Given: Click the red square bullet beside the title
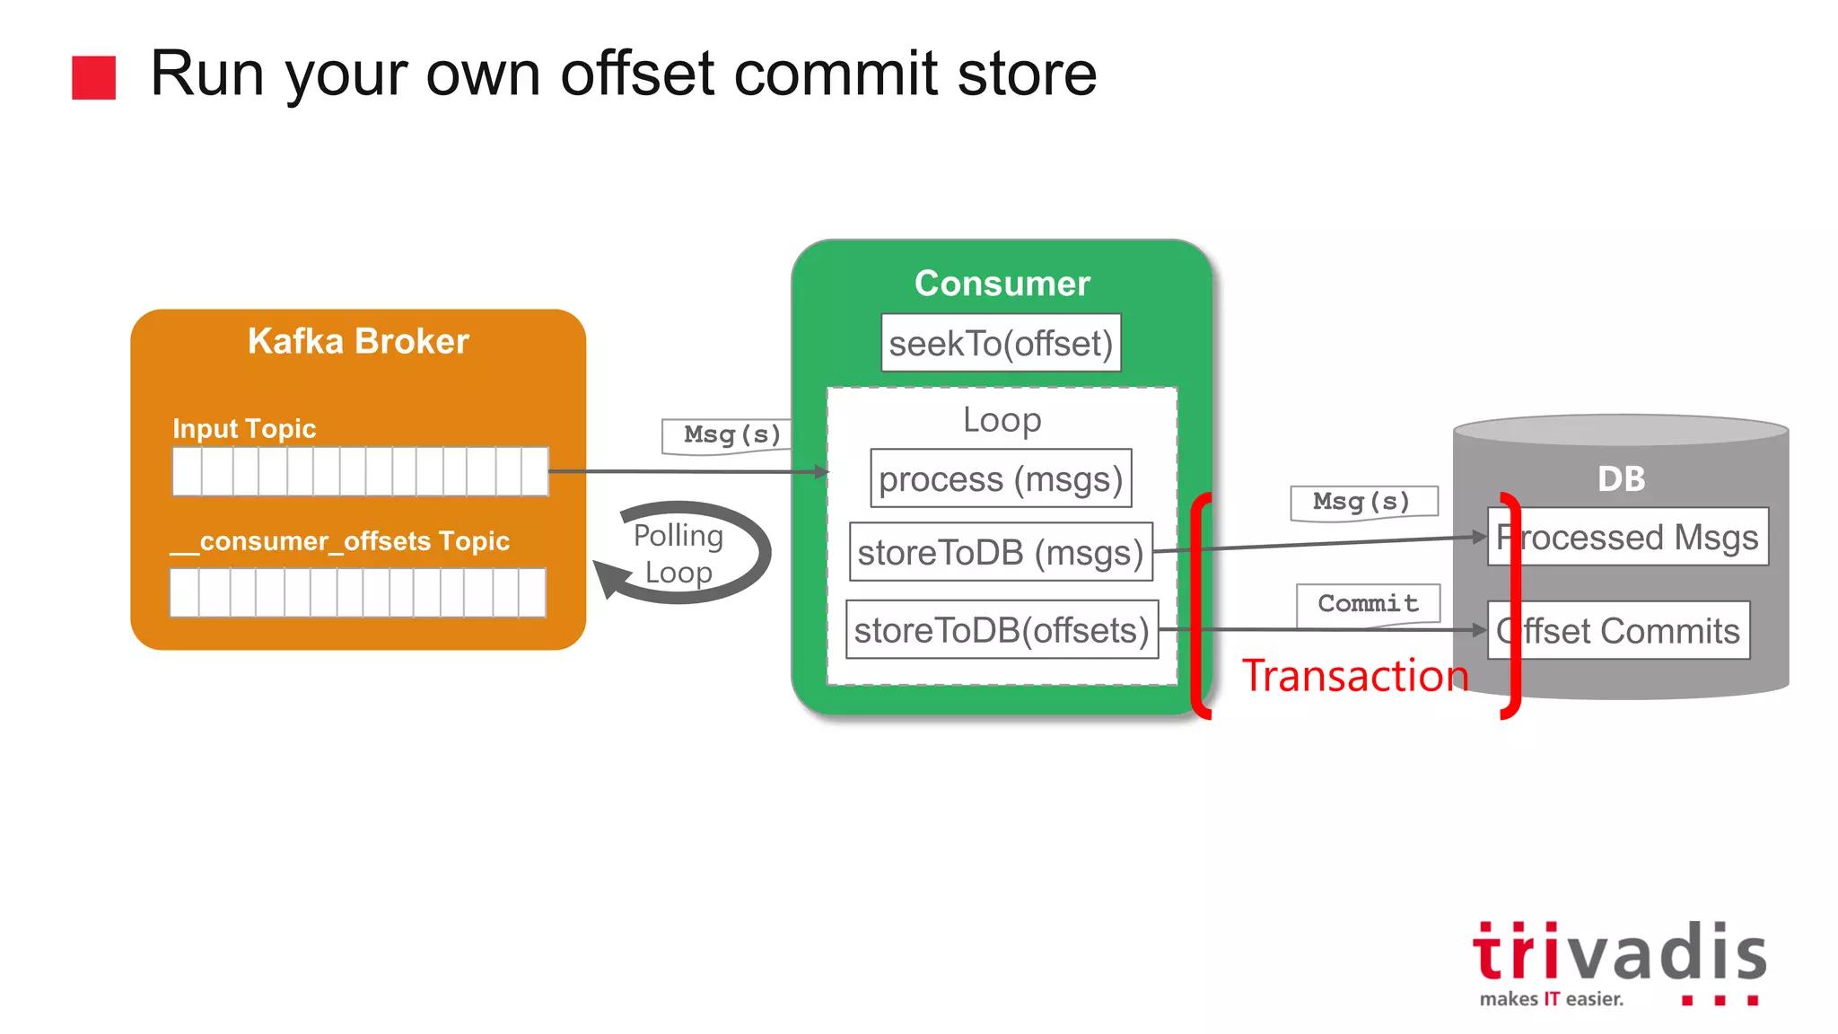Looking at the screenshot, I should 93,77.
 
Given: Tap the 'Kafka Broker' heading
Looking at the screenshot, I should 358,341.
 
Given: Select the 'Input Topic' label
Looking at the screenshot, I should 244,428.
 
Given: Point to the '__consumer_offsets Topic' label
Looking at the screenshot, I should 340,541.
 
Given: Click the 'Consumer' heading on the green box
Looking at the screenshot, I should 1002,284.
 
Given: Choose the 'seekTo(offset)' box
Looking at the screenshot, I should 1001,343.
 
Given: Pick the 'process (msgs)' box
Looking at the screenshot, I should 1001,478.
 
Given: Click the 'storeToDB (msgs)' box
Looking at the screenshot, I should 1001,552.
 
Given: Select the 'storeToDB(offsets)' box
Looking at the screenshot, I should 1002,630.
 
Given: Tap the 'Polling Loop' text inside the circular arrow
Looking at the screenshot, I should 678,554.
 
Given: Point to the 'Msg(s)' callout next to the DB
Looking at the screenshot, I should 1361,502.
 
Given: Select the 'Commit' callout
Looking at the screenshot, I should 1368,604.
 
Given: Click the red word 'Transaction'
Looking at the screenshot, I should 1354,676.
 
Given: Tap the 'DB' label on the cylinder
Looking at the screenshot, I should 1621,479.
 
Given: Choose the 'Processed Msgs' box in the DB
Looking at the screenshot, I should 1627,537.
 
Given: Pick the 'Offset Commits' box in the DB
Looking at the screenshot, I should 1618,630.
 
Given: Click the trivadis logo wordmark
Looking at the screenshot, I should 1619,952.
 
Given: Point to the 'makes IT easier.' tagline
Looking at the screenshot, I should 1551,999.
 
